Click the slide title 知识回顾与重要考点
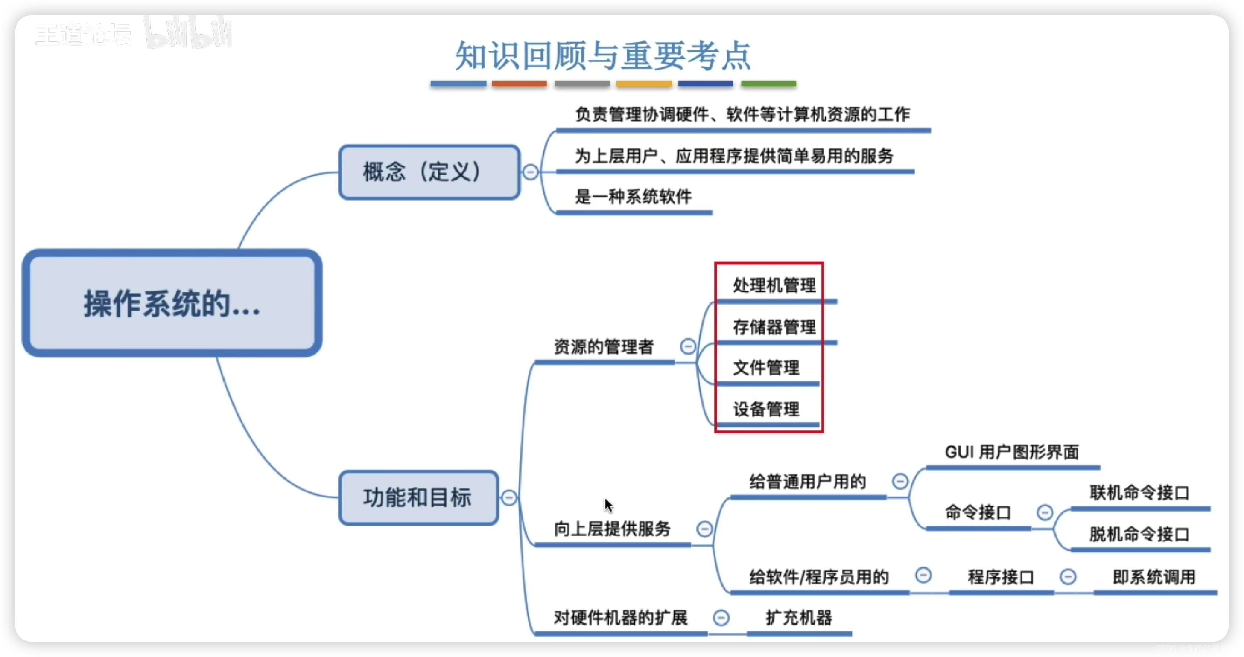click(603, 55)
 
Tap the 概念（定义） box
click(429, 172)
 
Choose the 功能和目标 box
click(418, 497)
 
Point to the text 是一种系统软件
click(633, 197)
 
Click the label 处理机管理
click(774, 285)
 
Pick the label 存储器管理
click(774, 327)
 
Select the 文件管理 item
click(766, 368)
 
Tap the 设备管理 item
click(766, 410)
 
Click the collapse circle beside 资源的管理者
click(688, 346)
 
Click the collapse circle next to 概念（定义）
click(530, 172)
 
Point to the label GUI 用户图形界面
click(1012, 452)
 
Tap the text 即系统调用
click(1153, 577)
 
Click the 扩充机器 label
click(799, 618)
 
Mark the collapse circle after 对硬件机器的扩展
click(721, 618)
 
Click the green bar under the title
click(768, 84)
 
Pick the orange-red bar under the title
click(519, 84)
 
